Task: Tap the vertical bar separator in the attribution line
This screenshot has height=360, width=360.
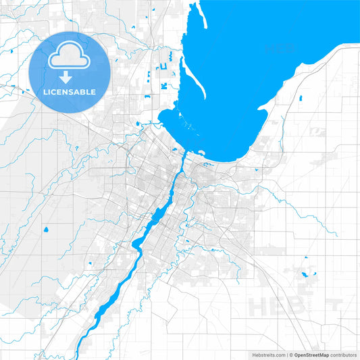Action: point(288,355)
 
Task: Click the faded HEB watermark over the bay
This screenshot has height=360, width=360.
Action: point(281,49)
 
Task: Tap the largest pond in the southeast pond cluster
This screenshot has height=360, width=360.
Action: point(311,274)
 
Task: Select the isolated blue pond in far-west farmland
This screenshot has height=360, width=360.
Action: point(46,230)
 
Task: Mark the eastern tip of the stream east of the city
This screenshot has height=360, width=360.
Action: point(336,234)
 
